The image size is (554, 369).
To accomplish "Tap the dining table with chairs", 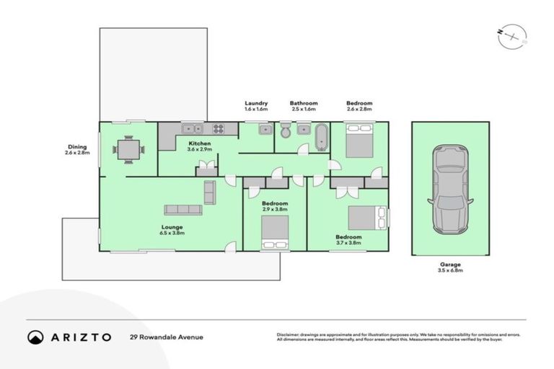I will tap(128, 150).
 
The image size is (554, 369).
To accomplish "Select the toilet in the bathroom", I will tap(286, 131).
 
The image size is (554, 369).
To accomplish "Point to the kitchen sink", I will tap(192, 129).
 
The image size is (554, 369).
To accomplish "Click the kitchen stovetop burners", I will tap(218, 129).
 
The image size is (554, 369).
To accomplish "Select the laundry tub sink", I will tap(264, 130).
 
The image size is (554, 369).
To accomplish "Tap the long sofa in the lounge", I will tap(183, 210).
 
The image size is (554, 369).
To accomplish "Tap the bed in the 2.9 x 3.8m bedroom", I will tap(275, 232).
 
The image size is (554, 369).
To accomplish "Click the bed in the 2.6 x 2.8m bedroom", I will tap(359, 140).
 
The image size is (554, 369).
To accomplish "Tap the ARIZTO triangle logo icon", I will tap(35, 337).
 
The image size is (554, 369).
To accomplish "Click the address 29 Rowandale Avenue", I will tap(167, 337).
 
